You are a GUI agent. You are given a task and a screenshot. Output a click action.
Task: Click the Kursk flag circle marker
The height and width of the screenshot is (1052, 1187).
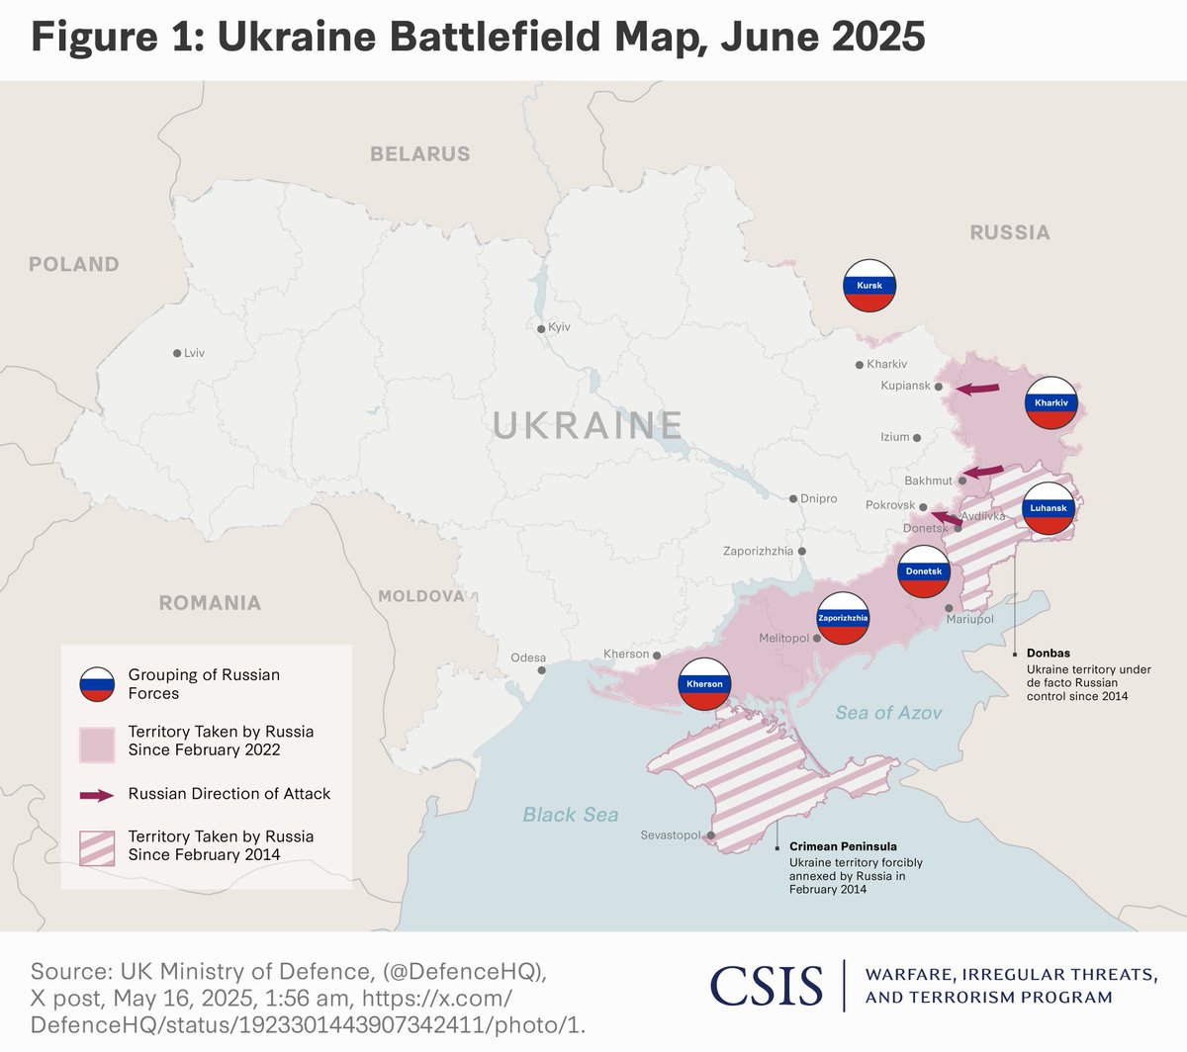[x=869, y=286]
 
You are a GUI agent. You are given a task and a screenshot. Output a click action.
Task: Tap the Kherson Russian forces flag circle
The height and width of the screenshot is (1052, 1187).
[x=704, y=684]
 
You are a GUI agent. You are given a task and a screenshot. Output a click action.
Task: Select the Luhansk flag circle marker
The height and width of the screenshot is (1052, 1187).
[x=1049, y=508]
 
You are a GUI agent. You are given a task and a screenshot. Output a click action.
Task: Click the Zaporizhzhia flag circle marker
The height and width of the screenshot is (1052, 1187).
[x=843, y=619]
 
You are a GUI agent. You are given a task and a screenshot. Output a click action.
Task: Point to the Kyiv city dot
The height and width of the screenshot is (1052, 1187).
[x=540, y=329]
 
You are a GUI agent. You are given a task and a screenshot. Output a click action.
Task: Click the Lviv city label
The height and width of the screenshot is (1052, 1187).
[x=194, y=353]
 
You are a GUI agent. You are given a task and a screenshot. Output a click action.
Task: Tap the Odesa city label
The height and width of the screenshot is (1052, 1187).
[x=528, y=657]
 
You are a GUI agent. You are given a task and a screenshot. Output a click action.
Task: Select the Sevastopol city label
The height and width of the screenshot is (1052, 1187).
[x=670, y=835]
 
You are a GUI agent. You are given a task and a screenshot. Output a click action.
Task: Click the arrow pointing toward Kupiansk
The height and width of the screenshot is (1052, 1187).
[x=977, y=389]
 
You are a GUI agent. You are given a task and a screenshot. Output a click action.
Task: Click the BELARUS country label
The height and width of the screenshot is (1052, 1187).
[x=419, y=154]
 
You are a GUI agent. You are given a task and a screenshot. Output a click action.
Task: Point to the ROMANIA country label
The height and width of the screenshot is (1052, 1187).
[x=210, y=603]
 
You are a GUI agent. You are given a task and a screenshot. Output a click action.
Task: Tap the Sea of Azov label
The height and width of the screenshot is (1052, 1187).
[x=888, y=713]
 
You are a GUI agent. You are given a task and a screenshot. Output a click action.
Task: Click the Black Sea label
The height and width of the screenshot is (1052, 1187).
[x=571, y=815]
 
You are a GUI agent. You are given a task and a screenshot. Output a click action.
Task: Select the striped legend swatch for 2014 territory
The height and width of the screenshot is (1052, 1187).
[x=97, y=846]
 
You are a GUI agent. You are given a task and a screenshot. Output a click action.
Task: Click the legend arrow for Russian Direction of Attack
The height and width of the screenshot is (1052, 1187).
[x=96, y=795]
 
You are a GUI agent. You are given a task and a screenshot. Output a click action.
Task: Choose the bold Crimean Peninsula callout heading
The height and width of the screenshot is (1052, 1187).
[x=843, y=846]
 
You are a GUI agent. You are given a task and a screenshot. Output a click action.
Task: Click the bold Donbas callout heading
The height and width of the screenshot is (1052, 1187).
[x=1048, y=654]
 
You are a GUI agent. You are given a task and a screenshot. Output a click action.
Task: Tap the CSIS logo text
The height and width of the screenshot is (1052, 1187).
[x=766, y=986]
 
